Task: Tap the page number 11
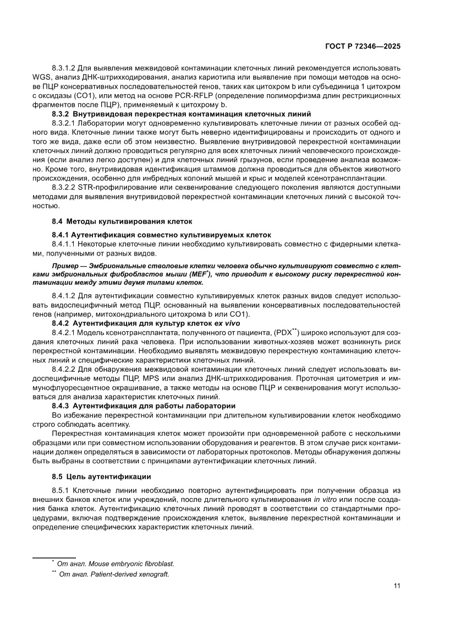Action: pyautogui.click(x=397, y=586)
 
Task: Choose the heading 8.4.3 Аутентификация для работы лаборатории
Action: pyautogui.click(x=144, y=405)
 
